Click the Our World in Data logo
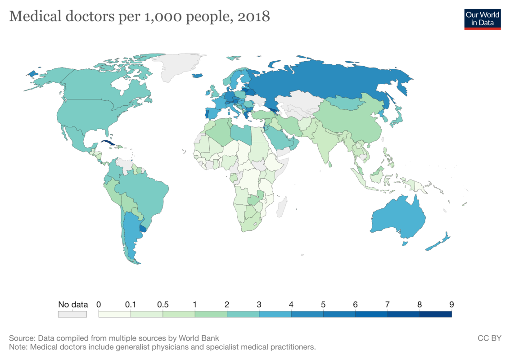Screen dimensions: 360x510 click(x=483, y=18)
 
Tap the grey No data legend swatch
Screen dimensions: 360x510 click(x=72, y=315)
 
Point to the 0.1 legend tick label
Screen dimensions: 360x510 click(x=131, y=305)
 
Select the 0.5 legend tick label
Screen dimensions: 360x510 click(x=163, y=305)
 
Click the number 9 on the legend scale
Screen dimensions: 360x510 click(x=451, y=305)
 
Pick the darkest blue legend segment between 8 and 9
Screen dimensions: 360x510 click(x=435, y=314)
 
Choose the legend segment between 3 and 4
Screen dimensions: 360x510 click(x=275, y=314)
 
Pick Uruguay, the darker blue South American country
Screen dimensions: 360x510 click(x=144, y=229)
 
